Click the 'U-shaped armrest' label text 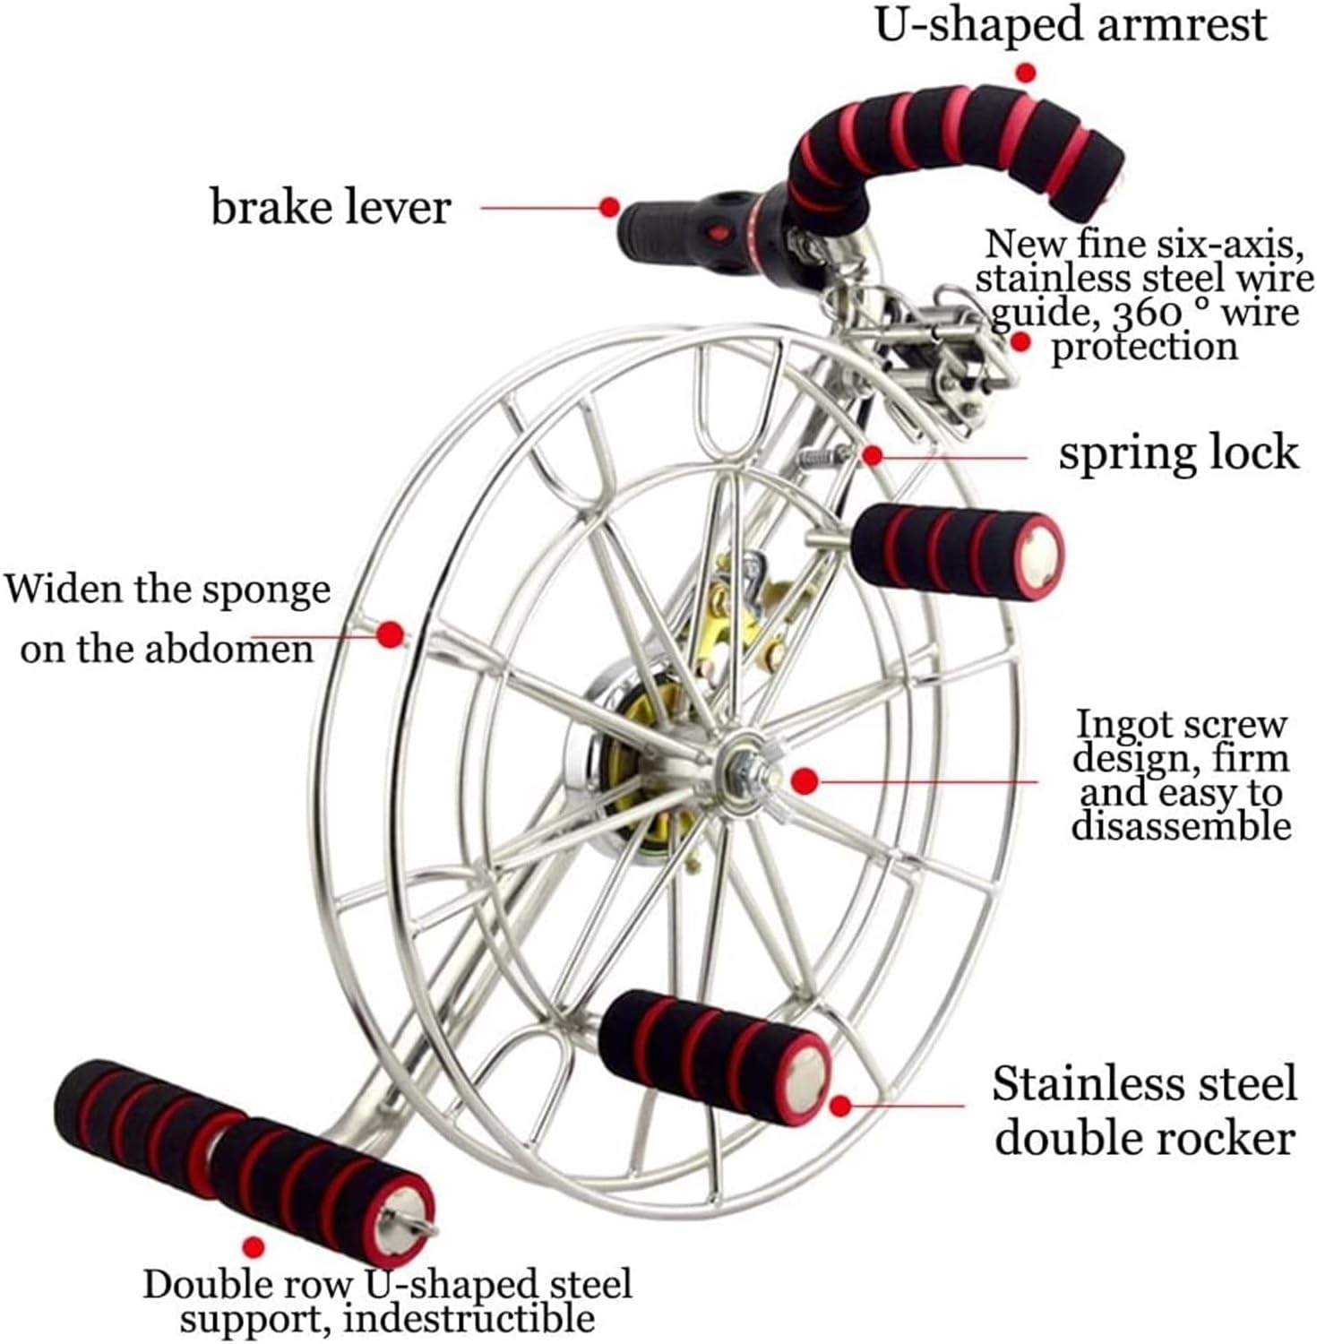(1071, 26)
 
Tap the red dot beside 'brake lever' (609, 207)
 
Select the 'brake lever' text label (331, 208)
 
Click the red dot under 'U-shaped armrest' (1027, 72)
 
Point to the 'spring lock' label (1178, 452)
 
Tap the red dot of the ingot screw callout (805, 780)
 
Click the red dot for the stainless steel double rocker (839, 1106)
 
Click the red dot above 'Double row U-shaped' (255, 1246)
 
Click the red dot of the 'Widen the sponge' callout (389, 635)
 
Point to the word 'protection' (1144, 348)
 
